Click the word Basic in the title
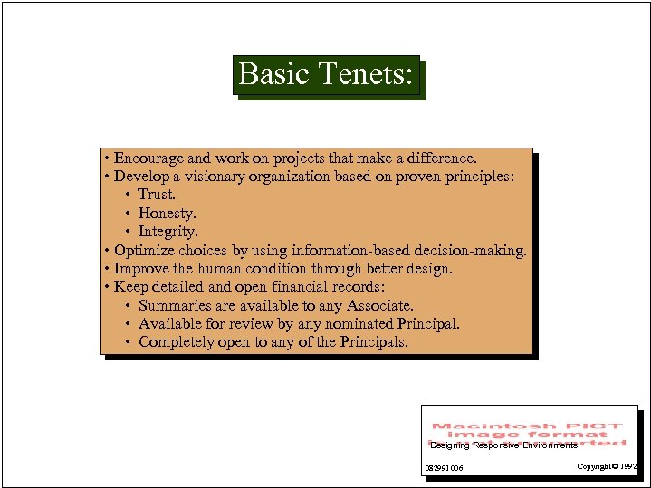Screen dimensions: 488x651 pos(274,73)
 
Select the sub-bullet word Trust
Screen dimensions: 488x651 pos(157,195)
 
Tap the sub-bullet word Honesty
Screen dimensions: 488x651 pos(167,214)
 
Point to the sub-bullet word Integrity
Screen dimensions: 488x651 pos(168,232)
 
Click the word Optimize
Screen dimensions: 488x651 pos(144,251)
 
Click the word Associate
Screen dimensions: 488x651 pos(379,306)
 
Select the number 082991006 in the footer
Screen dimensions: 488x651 pos(444,468)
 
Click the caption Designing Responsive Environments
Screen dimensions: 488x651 pos(503,445)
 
